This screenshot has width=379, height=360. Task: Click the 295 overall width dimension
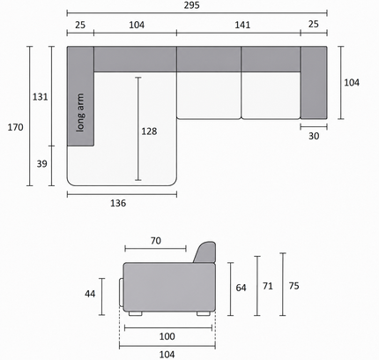click(191, 5)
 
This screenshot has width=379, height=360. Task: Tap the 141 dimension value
click(242, 25)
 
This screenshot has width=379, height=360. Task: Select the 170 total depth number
click(15, 127)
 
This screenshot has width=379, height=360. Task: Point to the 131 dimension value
click(40, 97)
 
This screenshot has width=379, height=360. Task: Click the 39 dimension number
click(41, 163)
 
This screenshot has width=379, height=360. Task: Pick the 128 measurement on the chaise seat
click(149, 131)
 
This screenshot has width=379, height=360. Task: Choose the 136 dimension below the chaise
click(118, 203)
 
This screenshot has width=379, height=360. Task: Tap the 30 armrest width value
click(314, 136)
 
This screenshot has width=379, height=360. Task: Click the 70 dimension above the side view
click(156, 241)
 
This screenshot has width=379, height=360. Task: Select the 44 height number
click(90, 294)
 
